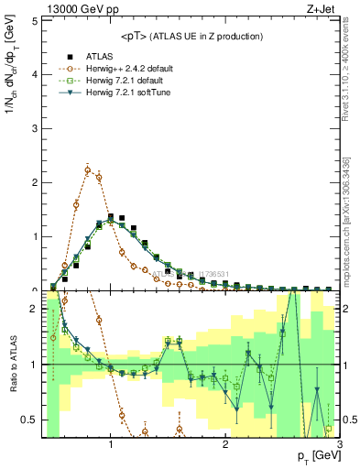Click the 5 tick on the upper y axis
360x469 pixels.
(36, 18)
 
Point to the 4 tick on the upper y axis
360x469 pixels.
(36, 73)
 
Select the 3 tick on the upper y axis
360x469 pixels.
(36, 127)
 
